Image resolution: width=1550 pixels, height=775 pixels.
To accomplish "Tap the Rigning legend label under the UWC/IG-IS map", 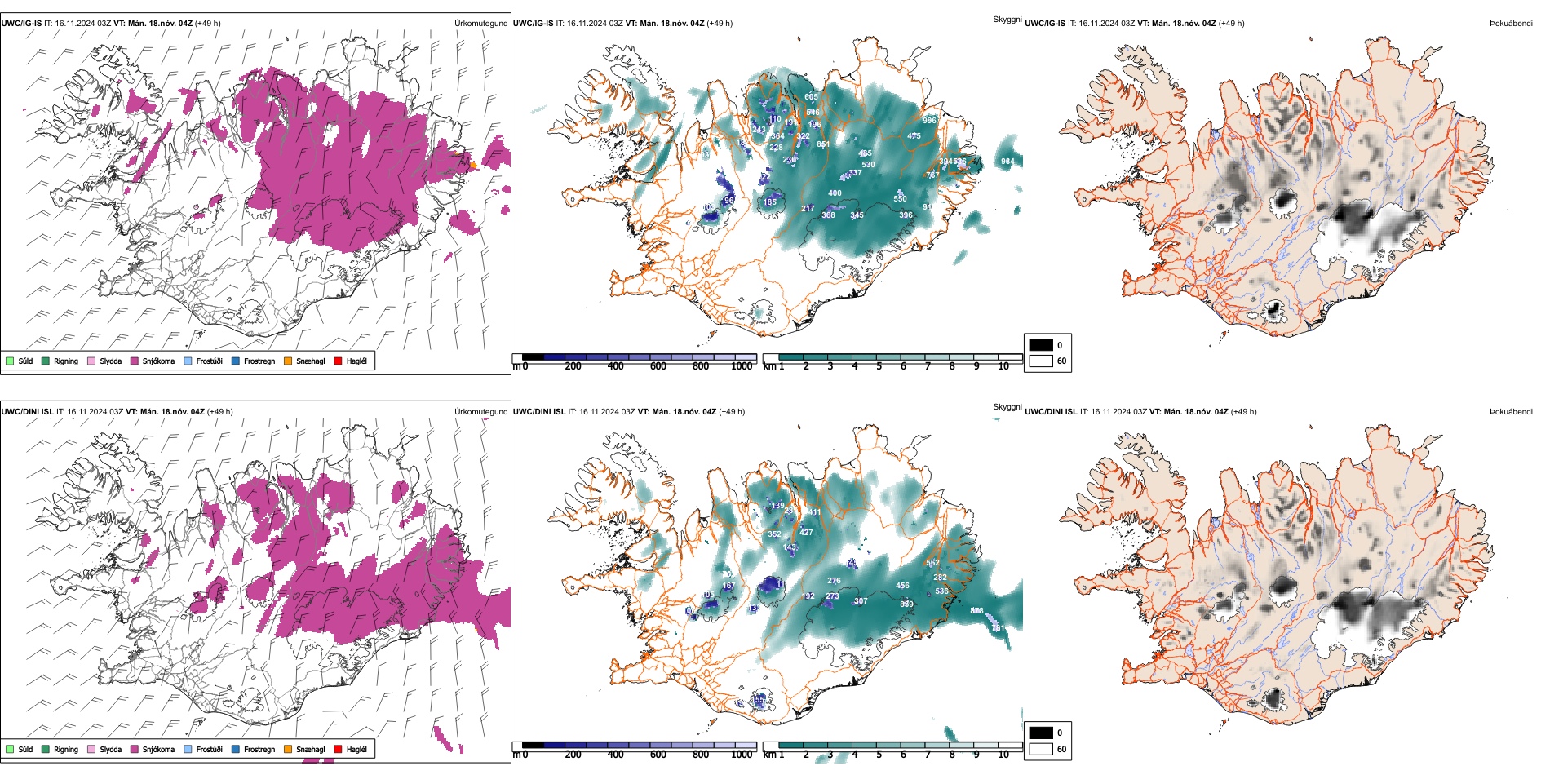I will [x=65, y=361].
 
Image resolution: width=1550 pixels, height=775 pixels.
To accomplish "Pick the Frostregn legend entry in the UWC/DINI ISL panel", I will [x=259, y=749].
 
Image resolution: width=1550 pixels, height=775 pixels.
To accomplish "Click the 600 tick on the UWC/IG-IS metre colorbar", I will [x=658, y=366].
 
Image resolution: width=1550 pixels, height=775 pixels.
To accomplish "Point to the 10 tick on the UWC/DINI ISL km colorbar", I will [x=1003, y=755].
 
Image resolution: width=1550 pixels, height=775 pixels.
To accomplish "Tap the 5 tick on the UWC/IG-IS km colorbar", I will [x=879, y=366].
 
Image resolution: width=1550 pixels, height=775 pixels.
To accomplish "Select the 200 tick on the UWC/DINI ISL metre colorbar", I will [x=573, y=755].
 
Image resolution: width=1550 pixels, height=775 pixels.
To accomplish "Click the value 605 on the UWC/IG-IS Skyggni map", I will [x=811, y=97].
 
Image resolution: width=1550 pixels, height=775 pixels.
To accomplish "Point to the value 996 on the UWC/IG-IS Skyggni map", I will [x=930, y=120].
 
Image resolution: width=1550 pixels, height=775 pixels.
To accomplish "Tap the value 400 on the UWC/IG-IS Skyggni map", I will [x=835, y=193].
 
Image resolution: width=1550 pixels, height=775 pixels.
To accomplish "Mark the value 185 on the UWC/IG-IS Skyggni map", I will [x=770, y=202].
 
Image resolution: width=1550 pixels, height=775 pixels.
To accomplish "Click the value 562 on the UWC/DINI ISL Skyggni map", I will [x=932, y=563].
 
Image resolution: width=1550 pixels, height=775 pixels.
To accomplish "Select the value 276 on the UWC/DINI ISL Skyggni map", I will [x=834, y=581].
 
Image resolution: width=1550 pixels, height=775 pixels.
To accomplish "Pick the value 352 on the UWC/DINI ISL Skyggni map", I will [x=774, y=534].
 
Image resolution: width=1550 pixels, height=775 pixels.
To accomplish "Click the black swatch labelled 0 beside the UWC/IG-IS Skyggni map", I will [x=1041, y=344].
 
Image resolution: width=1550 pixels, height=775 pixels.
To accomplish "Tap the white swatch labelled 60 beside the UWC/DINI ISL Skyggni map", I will [x=1041, y=749].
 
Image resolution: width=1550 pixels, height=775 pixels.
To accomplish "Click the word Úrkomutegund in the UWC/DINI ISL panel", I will [x=480, y=411].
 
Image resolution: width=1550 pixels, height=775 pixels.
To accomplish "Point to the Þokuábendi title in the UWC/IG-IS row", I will [x=1511, y=23].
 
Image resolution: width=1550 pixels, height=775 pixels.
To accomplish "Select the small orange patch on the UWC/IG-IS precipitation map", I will [x=474, y=166].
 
